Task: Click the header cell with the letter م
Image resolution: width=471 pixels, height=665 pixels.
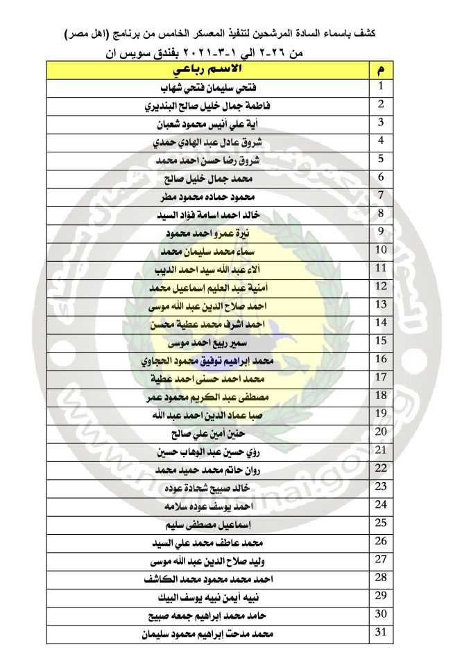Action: point(380,71)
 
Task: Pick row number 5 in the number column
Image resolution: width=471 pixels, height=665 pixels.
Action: point(381,159)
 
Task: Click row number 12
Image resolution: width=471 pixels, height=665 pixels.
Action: point(380,285)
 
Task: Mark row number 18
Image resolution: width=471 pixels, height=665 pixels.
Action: point(380,394)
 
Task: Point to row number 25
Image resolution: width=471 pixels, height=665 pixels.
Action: point(380,522)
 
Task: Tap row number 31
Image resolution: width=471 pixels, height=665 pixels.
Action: point(380,631)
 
